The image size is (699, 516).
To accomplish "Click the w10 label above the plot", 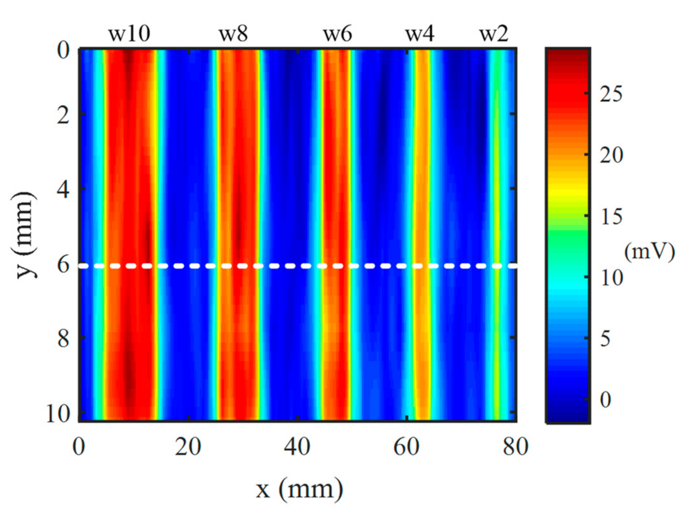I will pos(129,34).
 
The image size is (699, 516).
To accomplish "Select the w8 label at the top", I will pos(233,34).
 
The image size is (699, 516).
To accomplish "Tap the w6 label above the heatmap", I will pos(337,34).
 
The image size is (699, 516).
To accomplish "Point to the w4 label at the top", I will pos(420,34).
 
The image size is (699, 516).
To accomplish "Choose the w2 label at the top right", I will pos(494,34).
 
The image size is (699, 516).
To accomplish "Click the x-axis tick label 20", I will pos(189,448).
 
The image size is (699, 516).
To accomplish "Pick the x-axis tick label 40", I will pos(297,448).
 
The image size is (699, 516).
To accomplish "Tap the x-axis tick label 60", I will pos(406,448).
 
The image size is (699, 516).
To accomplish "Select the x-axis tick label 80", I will pos(515,448).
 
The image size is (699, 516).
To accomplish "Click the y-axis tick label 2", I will pos(61,115).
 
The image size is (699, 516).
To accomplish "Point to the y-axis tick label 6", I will pos(61,264).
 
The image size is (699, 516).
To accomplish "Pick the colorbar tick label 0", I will pos(603,399).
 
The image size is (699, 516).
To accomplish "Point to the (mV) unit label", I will pos(650,252).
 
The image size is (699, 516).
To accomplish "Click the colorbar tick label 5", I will pos(603,339).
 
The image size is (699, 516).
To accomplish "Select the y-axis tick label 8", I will pos(61,338).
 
